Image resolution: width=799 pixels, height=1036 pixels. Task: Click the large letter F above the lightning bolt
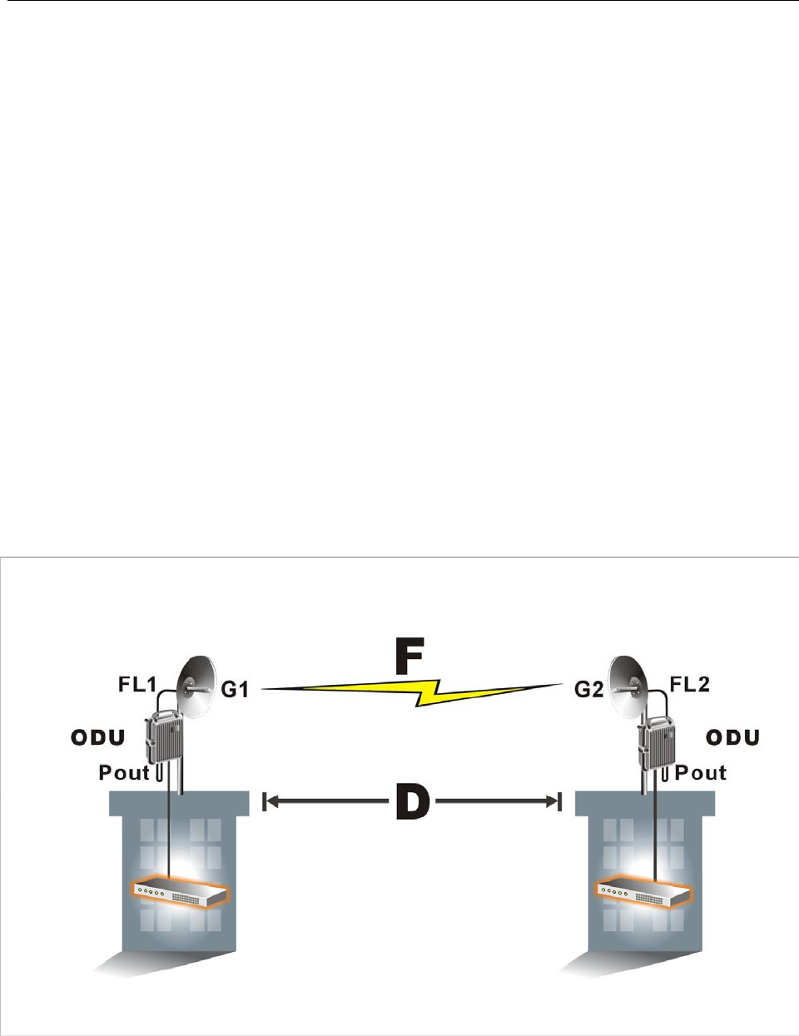(409, 656)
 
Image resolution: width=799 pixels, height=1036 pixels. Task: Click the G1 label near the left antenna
(235, 690)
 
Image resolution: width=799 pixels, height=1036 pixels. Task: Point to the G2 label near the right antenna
(589, 690)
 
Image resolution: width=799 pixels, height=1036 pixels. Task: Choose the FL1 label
(137, 685)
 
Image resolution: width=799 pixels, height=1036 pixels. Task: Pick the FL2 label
(690, 685)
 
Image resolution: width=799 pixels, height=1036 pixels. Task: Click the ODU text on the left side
(98, 737)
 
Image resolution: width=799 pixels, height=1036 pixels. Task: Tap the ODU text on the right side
(732, 737)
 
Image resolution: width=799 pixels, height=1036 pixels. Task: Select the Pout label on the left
(124, 772)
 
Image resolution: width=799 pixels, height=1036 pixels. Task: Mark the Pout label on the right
(700, 772)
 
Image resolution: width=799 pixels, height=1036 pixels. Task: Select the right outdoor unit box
(656, 737)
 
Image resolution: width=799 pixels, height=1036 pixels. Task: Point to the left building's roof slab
(179, 802)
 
